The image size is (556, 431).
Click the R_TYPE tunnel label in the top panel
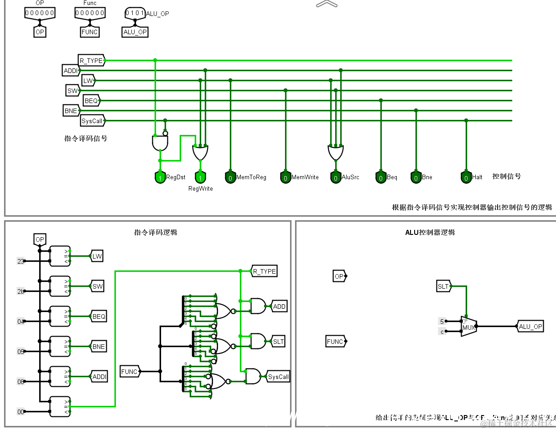pos(91,60)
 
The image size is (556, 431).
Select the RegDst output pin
pos(160,177)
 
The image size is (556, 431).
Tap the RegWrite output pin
pos(200,177)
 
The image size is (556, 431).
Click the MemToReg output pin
pos(230,177)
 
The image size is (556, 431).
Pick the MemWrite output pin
pos(286,177)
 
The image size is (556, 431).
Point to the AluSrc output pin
pos(336,177)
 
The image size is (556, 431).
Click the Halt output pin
pos(466,177)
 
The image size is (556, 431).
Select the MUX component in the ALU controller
pos(468,327)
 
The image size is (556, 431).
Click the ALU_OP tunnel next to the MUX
pos(530,327)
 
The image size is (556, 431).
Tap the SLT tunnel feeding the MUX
pos(443,286)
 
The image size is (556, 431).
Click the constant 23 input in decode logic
pos(21,261)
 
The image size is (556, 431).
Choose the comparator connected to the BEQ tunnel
pos(60,316)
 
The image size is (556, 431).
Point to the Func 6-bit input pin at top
pos(90,13)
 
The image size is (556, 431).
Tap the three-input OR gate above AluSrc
pos(336,153)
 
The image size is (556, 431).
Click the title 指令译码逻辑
pos(156,232)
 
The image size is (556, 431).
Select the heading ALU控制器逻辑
pos(430,232)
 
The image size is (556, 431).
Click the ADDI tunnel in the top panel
pos(71,71)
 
